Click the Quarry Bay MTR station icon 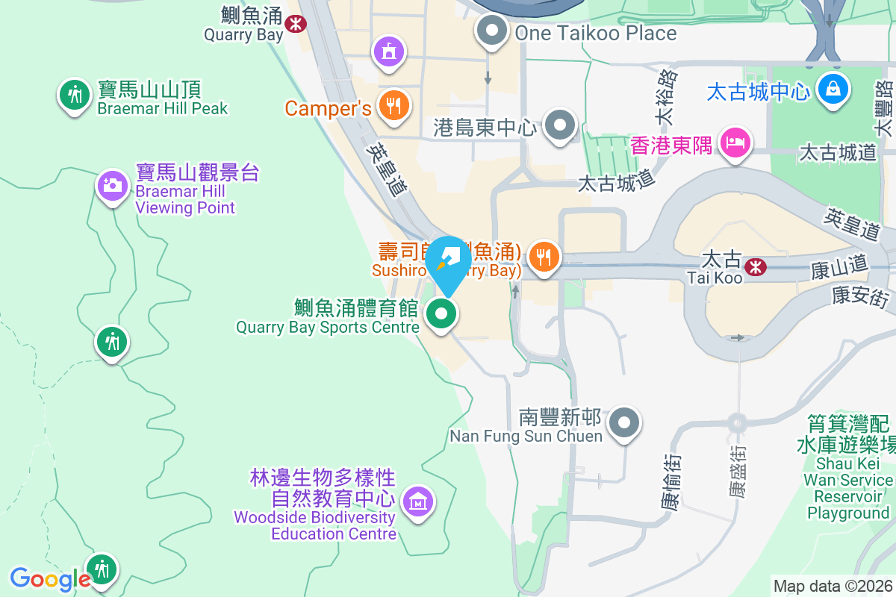click(296, 24)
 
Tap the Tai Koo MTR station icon click(756, 266)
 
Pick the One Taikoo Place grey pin click(492, 31)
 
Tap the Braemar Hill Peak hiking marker click(73, 95)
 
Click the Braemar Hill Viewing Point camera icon click(113, 184)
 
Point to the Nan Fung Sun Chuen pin click(624, 423)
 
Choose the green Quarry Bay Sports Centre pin click(441, 315)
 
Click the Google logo click(49, 578)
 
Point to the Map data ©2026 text click(833, 586)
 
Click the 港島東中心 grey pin click(560, 125)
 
